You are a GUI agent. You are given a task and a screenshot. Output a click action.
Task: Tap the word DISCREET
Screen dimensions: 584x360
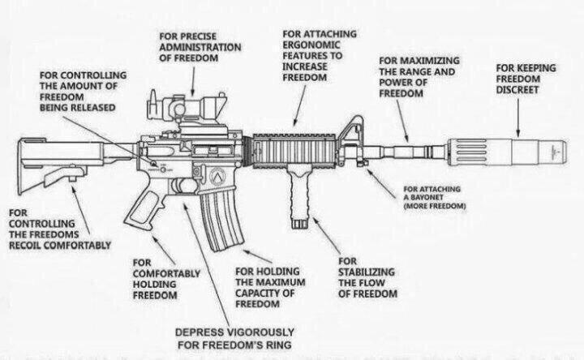(x=517, y=90)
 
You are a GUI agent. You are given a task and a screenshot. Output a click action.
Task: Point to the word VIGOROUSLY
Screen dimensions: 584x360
(x=260, y=332)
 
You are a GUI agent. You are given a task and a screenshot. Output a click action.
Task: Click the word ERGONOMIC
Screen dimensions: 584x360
(x=311, y=45)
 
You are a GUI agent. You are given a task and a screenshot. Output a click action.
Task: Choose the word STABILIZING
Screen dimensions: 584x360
(x=366, y=272)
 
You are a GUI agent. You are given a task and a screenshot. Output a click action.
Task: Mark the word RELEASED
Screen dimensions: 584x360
(x=96, y=108)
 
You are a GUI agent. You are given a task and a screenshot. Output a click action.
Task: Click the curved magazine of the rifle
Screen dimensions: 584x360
(x=221, y=219)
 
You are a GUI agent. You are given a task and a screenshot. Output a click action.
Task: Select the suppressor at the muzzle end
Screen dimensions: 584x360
(x=506, y=152)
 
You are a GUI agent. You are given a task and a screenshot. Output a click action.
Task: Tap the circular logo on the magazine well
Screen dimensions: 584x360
(x=218, y=175)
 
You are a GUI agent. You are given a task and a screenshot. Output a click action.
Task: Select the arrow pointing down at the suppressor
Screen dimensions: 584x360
(x=518, y=118)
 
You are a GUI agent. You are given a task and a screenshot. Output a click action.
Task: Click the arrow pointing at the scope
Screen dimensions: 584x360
(x=192, y=82)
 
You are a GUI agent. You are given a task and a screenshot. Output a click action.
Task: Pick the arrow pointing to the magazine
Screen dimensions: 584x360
(x=257, y=256)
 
